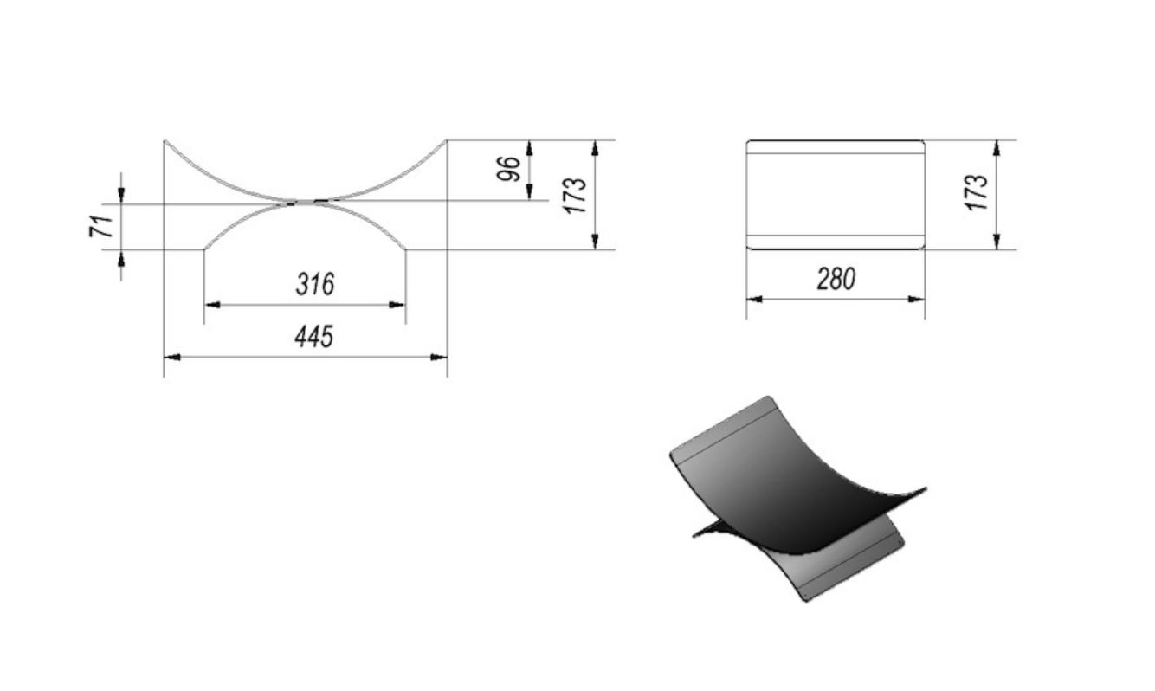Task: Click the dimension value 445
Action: click(x=314, y=337)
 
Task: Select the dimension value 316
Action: click(x=315, y=284)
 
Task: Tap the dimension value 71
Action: click(x=101, y=226)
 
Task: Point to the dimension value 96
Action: click(x=508, y=169)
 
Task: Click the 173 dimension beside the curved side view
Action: click(x=575, y=196)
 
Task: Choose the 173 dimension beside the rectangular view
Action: click(x=976, y=192)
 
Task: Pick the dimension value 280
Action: click(x=836, y=279)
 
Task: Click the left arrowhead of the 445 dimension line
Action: click(x=171, y=357)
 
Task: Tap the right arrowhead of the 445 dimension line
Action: click(x=439, y=357)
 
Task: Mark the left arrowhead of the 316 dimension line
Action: click(x=212, y=305)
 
